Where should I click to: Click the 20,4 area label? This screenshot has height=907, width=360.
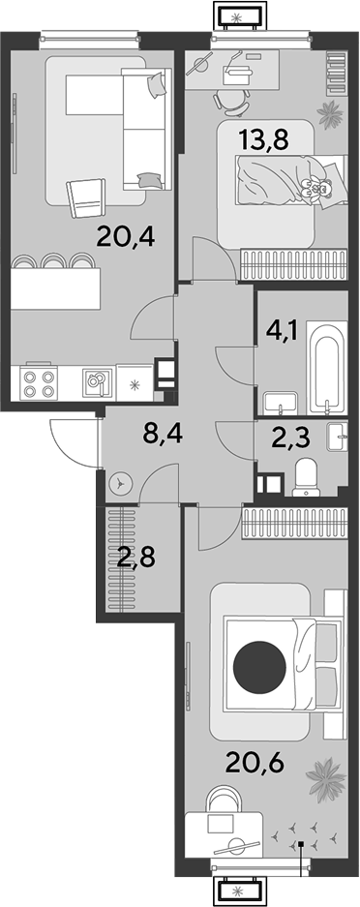click(126, 236)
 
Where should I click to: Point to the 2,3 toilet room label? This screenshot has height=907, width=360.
click(290, 438)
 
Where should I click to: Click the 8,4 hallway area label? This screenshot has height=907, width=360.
click(163, 434)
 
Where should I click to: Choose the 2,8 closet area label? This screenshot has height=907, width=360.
click(135, 559)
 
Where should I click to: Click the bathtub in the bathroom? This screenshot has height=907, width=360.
click(328, 369)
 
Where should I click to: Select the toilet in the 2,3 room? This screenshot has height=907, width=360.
click(306, 478)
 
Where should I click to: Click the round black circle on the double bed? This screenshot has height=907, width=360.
click(259, 668)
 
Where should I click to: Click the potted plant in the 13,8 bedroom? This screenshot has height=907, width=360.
click(330, 113)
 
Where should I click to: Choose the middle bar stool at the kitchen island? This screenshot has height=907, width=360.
click(55, 261)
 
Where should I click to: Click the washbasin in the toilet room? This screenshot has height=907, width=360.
click(337, 438)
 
